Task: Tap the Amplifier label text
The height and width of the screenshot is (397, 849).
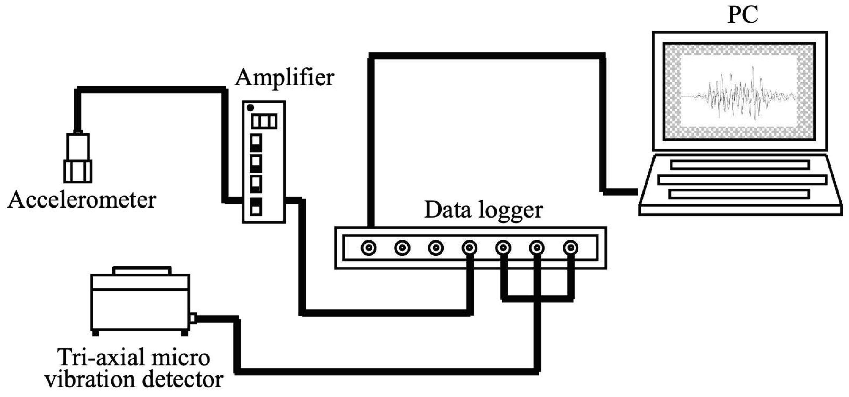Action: tap(284, 78)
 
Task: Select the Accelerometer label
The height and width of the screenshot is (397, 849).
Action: tap(82, 200)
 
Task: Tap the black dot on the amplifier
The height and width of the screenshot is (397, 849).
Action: tap(251, 108)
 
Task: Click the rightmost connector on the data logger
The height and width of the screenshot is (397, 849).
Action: tap(570, 248)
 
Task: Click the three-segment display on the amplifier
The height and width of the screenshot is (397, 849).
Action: tap(264, 121)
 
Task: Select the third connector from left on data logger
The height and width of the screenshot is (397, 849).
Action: tap(435, 248)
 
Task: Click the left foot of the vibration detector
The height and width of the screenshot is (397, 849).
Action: tap(95, 333)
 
